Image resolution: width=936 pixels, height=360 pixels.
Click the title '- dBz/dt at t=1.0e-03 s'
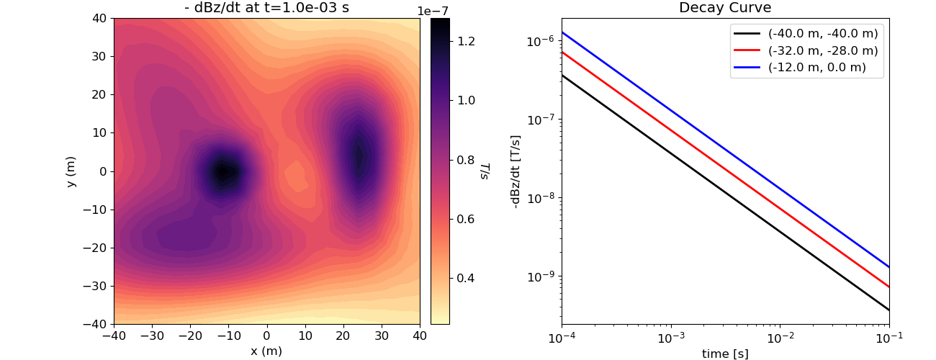[x=266, y=9]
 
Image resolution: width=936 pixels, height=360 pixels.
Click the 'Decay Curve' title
[x=725, y=9]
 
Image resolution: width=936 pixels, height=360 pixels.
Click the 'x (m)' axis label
[x=266, y=351]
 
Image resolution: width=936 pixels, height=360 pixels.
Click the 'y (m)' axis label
[x=71, y=171]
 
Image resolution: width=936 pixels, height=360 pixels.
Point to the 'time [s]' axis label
[x=725, y=354]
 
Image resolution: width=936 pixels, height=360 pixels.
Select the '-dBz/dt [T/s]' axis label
[x=516, y=171]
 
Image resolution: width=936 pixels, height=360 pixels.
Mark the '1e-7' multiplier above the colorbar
[x=433, y=11]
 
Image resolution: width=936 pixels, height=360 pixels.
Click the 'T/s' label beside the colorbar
[x=485, y=171]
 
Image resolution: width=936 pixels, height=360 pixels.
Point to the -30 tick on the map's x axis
[x=152, y=336]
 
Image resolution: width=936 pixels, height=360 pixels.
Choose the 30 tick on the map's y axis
[x=99, y=56]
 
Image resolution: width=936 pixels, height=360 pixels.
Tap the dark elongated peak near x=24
[x=359, y=156]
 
